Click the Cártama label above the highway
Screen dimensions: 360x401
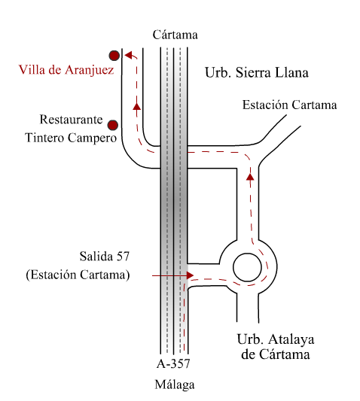click(175, 35)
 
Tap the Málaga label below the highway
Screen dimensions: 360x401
click(175, 385)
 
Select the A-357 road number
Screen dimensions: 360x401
click(173, 363)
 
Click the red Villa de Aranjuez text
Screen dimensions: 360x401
click(66, 70)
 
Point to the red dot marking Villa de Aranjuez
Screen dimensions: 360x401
click(114, 56)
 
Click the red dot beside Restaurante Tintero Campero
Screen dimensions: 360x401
click(112, 126)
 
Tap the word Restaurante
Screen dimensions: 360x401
click(71, 120)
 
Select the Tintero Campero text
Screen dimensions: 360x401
click(71, 138)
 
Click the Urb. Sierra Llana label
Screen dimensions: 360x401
click(257, 73)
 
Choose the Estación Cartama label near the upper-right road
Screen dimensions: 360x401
click(290, 105)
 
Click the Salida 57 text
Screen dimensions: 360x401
click(105, 257)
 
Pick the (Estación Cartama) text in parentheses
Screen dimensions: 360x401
click(78, 275)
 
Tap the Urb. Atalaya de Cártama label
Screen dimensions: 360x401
click(276, 347)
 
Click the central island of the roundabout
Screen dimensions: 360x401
click(247, 268)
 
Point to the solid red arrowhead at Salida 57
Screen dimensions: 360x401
click(190, 275)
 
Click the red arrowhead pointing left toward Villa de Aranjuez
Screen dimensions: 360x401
click(128, 55)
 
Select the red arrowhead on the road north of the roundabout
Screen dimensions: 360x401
click(250, 177)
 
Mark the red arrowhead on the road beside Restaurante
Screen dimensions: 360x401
click(137, 106)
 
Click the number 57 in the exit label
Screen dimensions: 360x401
click(123, 257)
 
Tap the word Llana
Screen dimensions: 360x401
click(291, 73)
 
